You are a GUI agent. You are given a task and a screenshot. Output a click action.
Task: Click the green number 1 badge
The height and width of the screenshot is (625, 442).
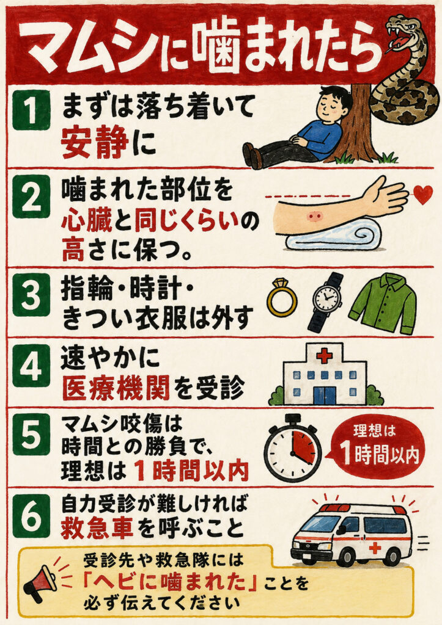click(x=31, y=110)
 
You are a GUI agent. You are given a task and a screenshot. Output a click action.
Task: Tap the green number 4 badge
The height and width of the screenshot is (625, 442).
click(x=31, y=366)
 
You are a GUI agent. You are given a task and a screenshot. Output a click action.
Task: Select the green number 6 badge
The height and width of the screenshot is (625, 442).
click(x=31, y=516)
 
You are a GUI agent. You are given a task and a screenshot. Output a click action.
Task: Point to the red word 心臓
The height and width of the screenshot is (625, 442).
click(x=87, y=220)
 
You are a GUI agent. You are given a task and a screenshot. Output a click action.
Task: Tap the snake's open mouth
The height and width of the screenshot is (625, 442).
click(x=400, y=41)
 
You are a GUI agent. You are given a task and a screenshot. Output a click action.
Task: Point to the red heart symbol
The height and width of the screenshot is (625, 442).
click(x=423, y=194)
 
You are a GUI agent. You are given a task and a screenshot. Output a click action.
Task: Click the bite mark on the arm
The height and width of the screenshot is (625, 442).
click(x=315, y=217)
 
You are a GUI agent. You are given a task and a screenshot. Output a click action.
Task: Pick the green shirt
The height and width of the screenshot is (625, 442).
click(x=383, y=303)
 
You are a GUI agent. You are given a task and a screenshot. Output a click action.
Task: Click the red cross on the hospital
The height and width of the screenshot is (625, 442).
click(x=324, y=355)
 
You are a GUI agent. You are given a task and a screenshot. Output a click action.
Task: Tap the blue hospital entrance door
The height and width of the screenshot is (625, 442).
click(x=324, y=395)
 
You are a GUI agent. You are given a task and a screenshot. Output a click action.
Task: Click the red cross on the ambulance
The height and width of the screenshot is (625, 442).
click(x=375, y=548)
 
